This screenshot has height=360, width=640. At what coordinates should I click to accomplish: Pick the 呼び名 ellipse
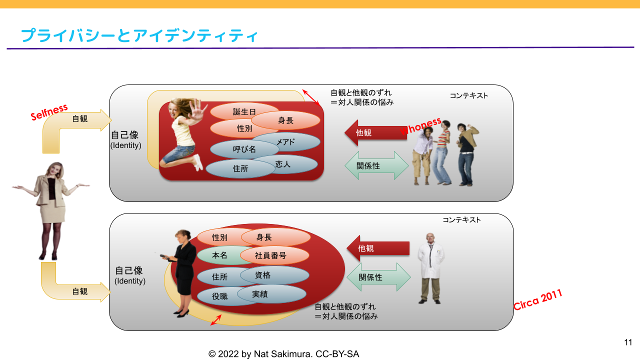tap(244, 149)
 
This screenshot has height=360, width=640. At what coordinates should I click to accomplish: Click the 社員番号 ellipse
tap(274, 255)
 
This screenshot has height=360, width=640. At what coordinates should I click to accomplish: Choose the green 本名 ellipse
tap(220, 255)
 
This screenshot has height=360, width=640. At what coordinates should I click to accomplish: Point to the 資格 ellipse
tap(274, 275)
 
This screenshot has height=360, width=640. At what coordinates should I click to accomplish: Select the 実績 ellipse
tap(271, 294)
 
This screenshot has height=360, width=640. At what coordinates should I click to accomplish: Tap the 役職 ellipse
tap(220, 296)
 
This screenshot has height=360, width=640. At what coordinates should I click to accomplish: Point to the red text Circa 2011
tap(538, 299)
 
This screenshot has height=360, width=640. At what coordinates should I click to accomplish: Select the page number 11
tap(628, 342)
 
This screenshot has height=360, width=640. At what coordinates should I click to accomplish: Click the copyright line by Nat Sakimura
tap(283, 354)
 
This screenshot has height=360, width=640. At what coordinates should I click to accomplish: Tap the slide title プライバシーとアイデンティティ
tap(139, 35)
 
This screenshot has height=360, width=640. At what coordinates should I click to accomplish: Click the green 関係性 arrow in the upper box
tap(376, 165)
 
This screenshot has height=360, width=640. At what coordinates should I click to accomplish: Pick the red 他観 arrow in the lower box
tap(378, 248)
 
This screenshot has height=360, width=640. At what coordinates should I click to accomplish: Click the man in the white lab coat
tap(430, 268)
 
